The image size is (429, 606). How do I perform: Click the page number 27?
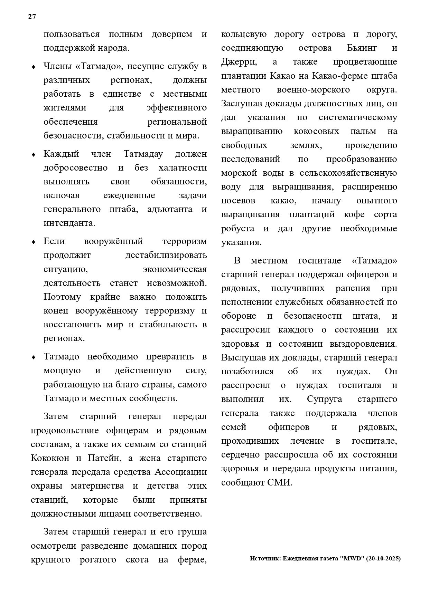click(x=32, y=17)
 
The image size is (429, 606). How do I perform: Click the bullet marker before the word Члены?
click(x=34, y=67)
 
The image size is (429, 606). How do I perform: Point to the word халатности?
click(x=183, y=168)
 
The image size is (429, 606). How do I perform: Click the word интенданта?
click(x=69, y=223)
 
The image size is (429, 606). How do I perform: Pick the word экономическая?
click(x=175, y=269)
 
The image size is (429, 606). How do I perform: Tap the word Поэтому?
click(x=62, y=297)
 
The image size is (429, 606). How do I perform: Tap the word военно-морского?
click(x=313, y=90)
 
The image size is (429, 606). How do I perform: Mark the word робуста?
click(x=238, y=229)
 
